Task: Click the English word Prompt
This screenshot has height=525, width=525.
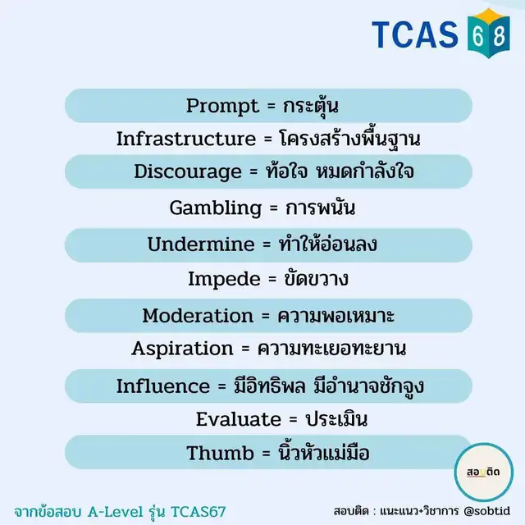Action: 222,107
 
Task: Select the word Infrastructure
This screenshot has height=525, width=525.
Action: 186,139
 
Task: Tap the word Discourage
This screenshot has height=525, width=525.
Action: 188,172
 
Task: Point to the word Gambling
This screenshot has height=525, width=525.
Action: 215,208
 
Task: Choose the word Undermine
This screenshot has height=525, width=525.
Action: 201,244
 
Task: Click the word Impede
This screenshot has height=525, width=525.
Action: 224,280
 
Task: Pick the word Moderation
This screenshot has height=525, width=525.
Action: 198,316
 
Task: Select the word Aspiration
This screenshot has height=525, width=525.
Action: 182,349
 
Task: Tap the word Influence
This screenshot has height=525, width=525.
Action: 163,386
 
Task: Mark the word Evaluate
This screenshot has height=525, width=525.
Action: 239,419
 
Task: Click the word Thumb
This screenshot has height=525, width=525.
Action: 220,454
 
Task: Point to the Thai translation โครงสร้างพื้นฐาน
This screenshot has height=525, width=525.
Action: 349,139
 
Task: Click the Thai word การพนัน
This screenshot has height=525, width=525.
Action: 320,208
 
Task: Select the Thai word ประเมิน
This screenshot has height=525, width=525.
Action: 336,418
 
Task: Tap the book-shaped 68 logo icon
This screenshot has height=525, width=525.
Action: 489,34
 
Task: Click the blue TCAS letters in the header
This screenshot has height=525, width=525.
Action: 415,34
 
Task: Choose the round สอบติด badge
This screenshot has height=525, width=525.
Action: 483,472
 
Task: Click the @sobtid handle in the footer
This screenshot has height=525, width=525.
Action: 487,511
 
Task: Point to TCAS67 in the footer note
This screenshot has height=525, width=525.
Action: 199,512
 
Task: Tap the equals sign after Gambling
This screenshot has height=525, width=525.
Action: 273,208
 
